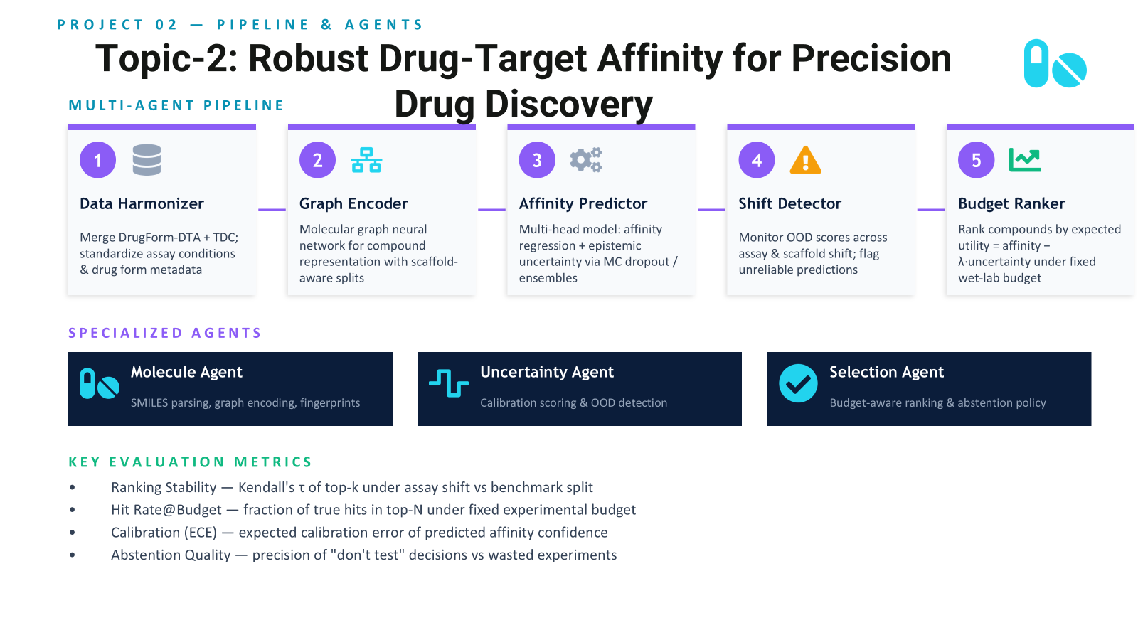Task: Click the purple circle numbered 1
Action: [x=97, y=160]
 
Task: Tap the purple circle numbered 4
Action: [x=757, y=160]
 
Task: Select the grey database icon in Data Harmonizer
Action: [x=147, y=160]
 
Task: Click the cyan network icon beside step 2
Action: [x=366, y=160]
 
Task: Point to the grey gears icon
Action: [x=586, y=160]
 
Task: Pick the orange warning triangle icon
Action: [x=805, y=160]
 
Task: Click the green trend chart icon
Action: [x=1025, y=160]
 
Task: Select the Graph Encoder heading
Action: [x=353, y=203]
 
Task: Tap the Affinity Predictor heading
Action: [x=583, y=203]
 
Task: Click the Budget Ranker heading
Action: [x=1011, y=203]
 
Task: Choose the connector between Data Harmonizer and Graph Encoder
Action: [x=272, y=209]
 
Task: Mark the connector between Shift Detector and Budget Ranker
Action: [x=931, y=209]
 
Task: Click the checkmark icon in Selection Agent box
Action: [x=798, y=383]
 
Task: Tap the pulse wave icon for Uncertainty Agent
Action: [x=449, y=383]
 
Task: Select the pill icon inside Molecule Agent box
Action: [x=100, y=383]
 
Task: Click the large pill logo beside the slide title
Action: [x=1055, y=63]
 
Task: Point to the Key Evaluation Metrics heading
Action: [x=190, y=462]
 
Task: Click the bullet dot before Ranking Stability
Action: [x=73, y=488]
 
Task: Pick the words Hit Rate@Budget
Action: [x=166, y=509]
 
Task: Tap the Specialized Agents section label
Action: [x=165, y=333]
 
